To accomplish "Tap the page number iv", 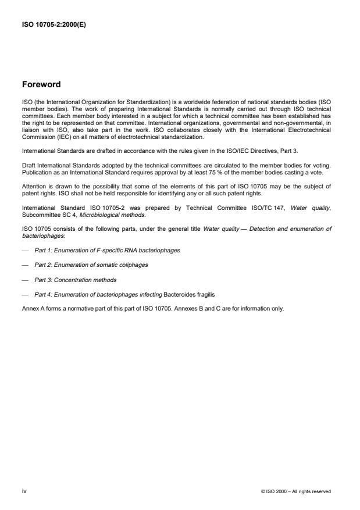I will pyautogui.click(x=24, y=491).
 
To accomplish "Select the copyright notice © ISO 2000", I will pyautogui.click(x=297, y=491).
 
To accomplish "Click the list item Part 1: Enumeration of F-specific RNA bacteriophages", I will pyautogui.click(x=107, y=249).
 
